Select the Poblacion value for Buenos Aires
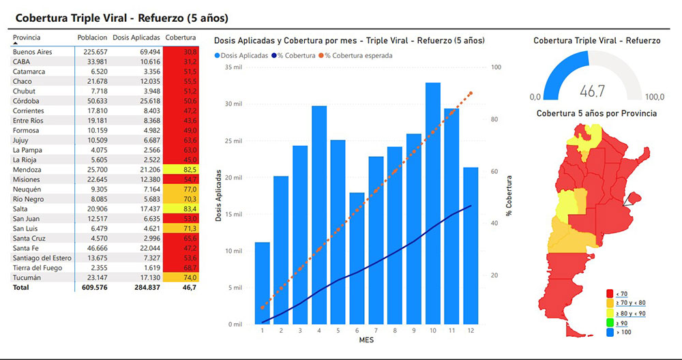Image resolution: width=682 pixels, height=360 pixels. coord(91,52)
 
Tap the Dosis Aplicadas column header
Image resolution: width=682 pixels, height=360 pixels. coord(136,37)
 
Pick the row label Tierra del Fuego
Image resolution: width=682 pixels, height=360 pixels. coord(37,268)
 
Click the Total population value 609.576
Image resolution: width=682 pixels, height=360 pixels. coord(91,288)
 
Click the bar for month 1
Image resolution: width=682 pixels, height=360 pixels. coord(263,282)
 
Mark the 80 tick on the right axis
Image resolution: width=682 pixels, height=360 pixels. coord(495,119)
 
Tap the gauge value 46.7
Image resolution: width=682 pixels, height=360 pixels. coord(592,91)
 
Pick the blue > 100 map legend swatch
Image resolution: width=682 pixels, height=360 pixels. coord(609,332)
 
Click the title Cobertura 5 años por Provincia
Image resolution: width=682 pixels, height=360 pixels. coord(597,113)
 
